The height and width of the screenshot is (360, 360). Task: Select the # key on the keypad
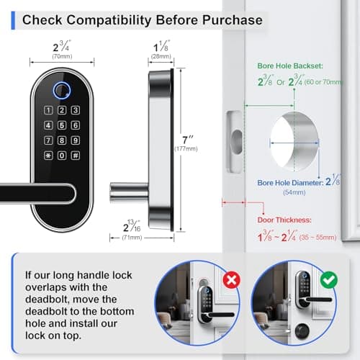pyautogui.click(x=74, y=156)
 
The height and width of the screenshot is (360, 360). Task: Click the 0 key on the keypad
pyautogui.click(x=62, y=156)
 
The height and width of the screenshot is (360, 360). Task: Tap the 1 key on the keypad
pyautogui.click(x=50, y=110)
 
